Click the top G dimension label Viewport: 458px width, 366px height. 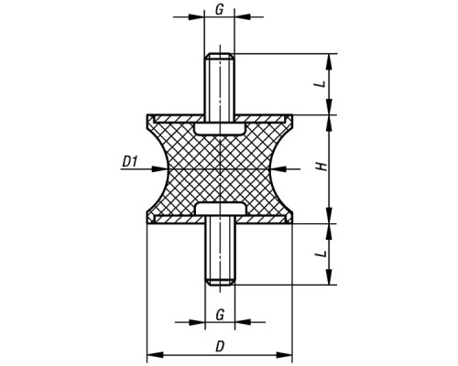tap(219, 10)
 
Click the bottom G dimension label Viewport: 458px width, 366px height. tap(220, 315)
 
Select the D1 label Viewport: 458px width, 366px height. tap(129, 162)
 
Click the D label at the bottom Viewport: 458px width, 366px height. tap(220, 347)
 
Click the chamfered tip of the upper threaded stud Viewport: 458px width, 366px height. tap(220, 56)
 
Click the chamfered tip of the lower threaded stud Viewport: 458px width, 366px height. tap(220, 282)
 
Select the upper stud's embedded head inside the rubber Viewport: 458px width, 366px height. tap(220, 128)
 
